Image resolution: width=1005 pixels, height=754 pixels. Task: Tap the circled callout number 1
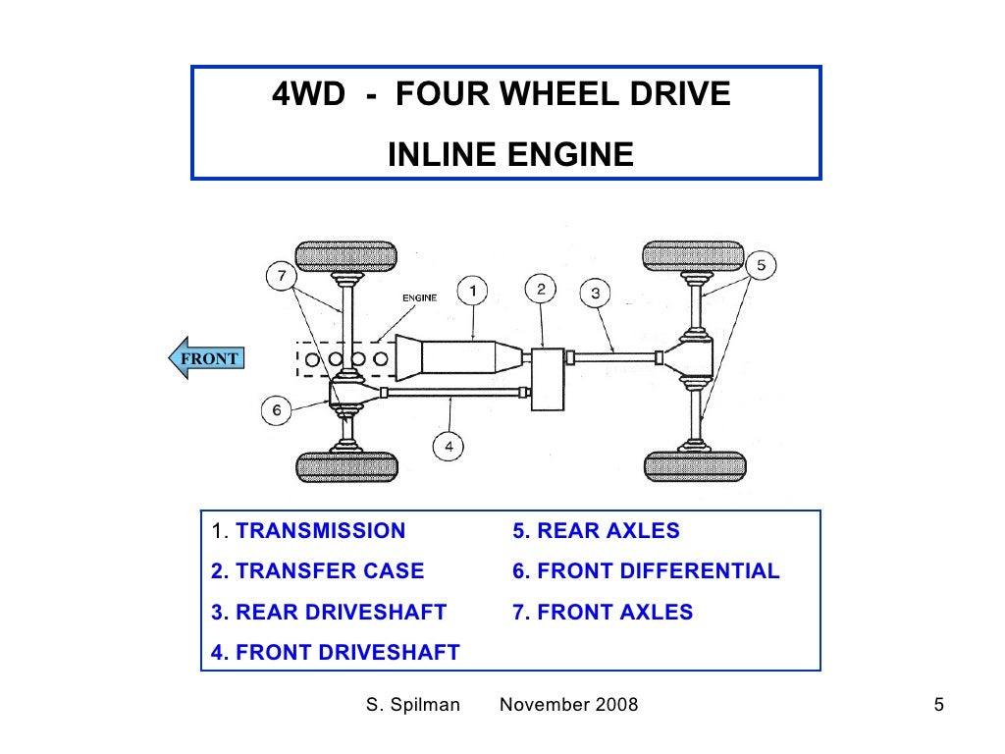tap(472, 291)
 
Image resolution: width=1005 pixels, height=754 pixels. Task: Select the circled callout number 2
tap(541, 289)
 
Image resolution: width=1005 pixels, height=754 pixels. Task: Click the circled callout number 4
tap(448, 447)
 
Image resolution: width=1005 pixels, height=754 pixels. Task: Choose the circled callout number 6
tap(277, 410)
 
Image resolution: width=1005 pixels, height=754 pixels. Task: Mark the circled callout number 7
tap(282, 277)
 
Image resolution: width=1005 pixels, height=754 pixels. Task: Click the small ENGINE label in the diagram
tap(419, 297)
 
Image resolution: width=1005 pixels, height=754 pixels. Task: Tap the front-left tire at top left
tap(346, 257)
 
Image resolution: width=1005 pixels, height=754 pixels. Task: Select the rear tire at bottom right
tap(694, 466)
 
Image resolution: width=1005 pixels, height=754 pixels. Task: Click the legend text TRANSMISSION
tap(321, 531)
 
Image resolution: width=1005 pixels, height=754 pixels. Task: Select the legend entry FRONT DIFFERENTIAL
tap(646, 571)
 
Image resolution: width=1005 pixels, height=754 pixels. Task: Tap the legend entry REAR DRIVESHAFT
tap(329, 613)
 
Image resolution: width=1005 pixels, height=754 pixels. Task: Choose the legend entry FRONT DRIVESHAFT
tap(336, 653)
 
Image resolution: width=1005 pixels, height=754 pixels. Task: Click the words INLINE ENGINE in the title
tap(510, 154)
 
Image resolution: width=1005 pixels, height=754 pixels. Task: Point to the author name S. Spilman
tap(412, 705)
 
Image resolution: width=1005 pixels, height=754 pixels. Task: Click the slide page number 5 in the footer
tap(938, 705)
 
